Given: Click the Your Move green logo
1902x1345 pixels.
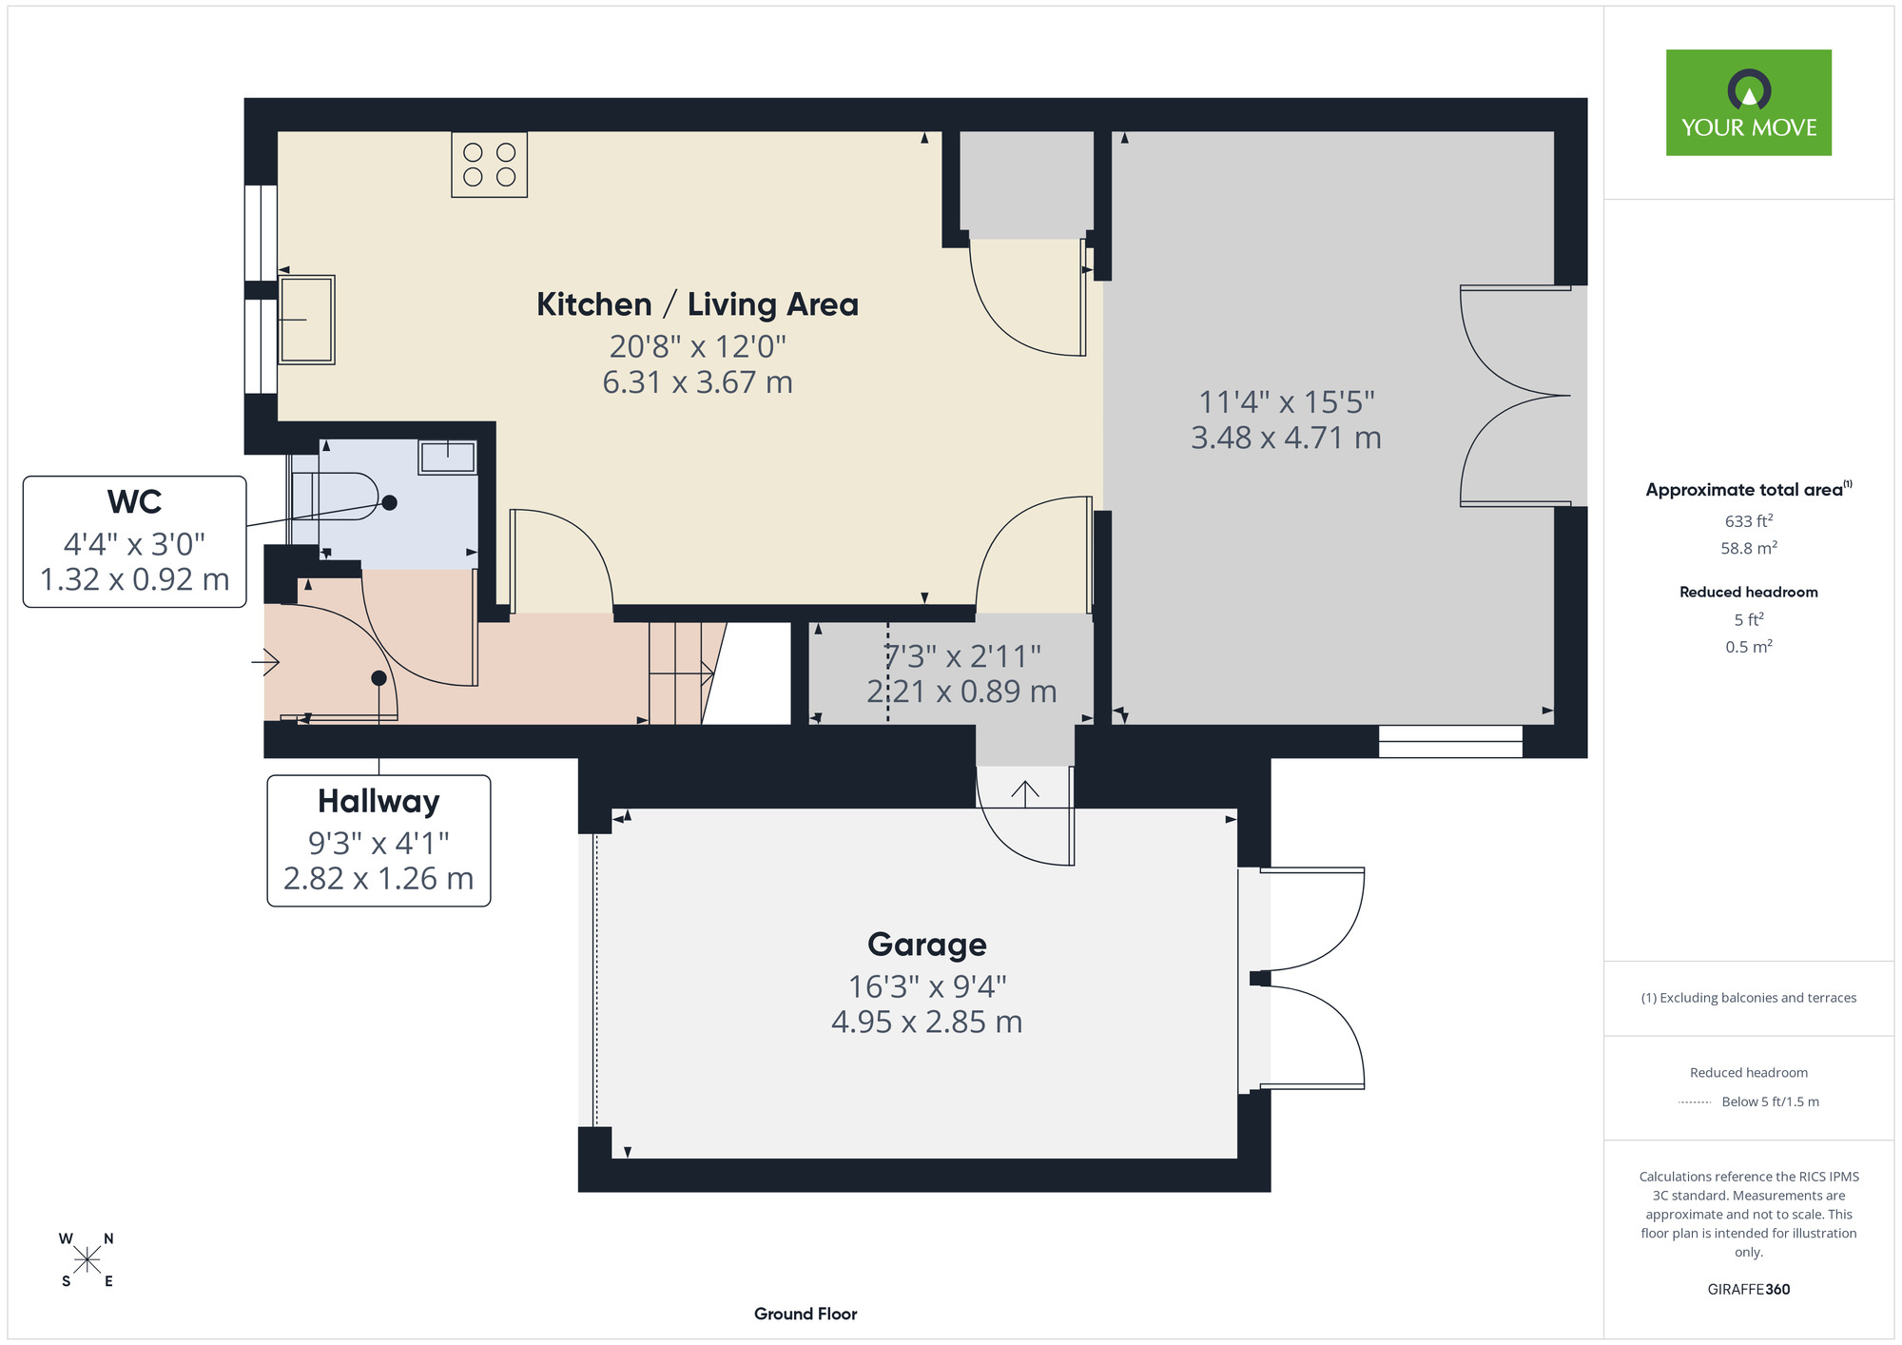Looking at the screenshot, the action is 1748,103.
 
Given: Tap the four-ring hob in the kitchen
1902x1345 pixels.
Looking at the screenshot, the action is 489,165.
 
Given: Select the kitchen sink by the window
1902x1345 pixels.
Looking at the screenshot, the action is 306,320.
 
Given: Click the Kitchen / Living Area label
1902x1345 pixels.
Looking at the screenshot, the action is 697,304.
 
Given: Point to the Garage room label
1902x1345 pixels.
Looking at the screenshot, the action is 927,945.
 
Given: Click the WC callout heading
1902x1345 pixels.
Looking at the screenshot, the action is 134,501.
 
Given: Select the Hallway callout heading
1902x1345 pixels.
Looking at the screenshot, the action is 378,801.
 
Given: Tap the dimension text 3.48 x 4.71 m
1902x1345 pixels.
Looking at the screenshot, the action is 1286,438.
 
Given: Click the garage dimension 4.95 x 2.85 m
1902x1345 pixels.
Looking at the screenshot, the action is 927,1022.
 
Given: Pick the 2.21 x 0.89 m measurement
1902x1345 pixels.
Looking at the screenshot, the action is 961,692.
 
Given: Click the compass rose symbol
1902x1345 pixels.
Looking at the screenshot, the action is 87,1260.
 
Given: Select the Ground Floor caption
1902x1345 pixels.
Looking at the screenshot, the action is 805,1314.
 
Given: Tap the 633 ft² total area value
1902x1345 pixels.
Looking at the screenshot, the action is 1749,521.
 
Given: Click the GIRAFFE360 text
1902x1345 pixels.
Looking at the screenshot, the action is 1749,1290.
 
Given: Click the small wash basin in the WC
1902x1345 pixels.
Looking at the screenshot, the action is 447,457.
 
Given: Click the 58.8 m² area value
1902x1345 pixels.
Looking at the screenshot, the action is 1749,549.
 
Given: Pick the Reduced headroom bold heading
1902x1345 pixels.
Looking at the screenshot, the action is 1749,592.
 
